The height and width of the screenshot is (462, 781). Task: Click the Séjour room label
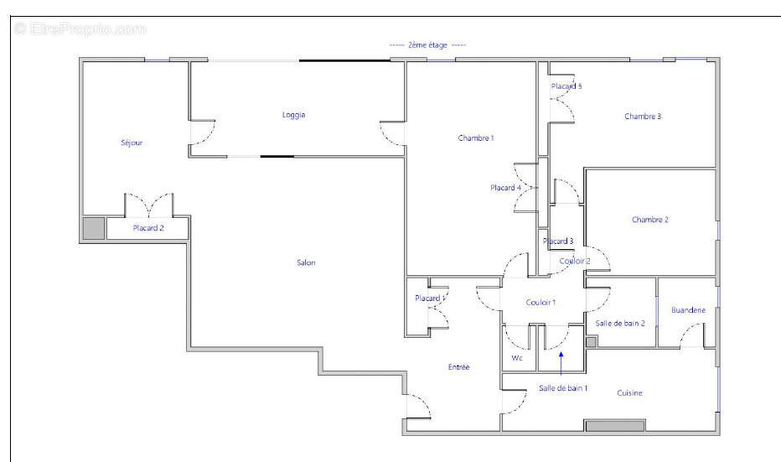(132, 143)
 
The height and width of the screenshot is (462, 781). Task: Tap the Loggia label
(293, 115)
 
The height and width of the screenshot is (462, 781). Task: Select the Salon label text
(306, 262)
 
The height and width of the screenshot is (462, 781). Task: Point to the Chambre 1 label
(476, 138)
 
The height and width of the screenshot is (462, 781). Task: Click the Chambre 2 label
(650, 220)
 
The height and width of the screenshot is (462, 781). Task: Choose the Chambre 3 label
(643, 116)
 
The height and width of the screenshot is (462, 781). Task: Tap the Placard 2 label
(148, 228)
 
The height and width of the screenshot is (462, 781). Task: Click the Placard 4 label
(505, 188)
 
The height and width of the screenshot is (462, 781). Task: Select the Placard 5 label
(566, 86)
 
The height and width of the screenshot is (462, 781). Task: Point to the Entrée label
(458, 366)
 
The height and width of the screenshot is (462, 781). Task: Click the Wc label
(517, 358)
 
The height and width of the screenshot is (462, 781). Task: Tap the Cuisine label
(629, 392)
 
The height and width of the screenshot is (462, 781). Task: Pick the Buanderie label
(688, 310)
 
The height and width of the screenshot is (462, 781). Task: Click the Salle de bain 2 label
(620, 323)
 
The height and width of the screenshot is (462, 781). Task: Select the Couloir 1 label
(540, 302)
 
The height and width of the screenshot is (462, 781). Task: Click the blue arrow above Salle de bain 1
(561, 363)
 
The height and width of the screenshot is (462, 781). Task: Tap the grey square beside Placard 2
(94, 228)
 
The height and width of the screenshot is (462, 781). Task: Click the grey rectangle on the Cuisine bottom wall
(614, 426)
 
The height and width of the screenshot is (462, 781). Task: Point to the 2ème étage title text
(428, 44)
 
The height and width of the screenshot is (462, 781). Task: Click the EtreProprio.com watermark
(80, 29)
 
